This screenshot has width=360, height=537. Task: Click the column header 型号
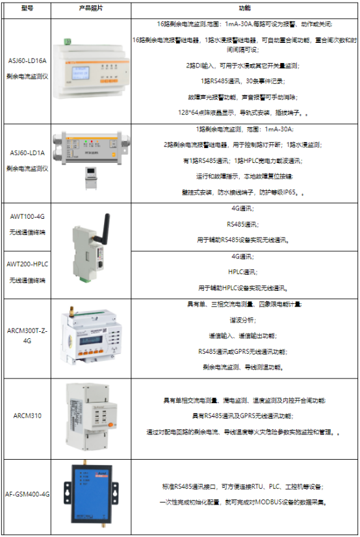pyautogui.click(x=27, y=8)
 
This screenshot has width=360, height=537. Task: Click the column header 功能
pyautogui.click(x=244, y=8)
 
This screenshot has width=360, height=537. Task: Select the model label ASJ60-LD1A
pyautogui.click(x=27, y=154)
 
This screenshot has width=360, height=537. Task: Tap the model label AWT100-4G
pyautogui.click(x=27, y=215)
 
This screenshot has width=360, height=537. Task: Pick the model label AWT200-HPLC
pyautogui.click(x=27, y=264)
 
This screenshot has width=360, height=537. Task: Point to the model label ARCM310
pyautogui.click(x=27, y=415)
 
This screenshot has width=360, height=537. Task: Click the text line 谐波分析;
pyautogui.click(x=244, y=319)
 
